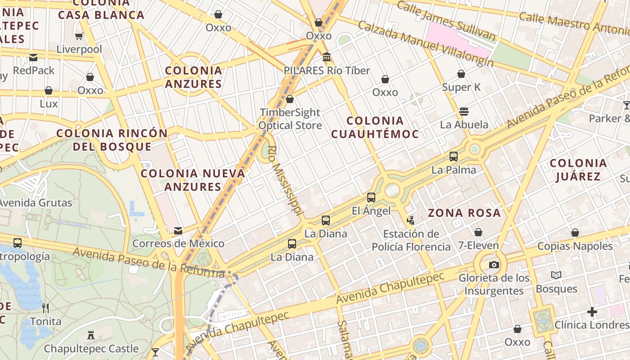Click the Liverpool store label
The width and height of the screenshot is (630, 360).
[79, 49]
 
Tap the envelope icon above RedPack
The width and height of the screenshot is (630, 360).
[33, 57]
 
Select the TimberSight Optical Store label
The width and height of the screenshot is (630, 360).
[290, 119]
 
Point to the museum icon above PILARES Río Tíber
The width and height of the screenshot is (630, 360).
[327, 57]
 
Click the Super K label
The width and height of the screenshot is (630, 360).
[461, 87]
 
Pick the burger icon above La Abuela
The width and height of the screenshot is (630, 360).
[464, 111]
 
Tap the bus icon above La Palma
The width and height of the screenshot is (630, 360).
[454, 157]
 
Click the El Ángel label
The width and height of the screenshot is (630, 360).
[371, 211]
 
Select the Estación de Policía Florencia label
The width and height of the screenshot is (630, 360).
[411, 240]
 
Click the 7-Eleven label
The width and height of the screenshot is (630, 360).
[478, 246]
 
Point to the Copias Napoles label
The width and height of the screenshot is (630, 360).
[575, 246]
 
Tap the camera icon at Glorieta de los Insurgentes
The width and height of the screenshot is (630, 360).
[494, 265]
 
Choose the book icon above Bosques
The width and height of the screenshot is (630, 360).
[556, 275]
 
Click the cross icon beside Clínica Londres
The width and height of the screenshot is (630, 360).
[592, 311]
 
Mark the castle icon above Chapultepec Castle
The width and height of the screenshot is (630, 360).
[91, 335]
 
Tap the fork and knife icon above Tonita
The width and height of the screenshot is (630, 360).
[45, 308]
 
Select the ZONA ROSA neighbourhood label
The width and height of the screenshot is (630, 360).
[464, 213]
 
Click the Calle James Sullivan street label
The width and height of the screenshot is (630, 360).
[446, 21]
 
